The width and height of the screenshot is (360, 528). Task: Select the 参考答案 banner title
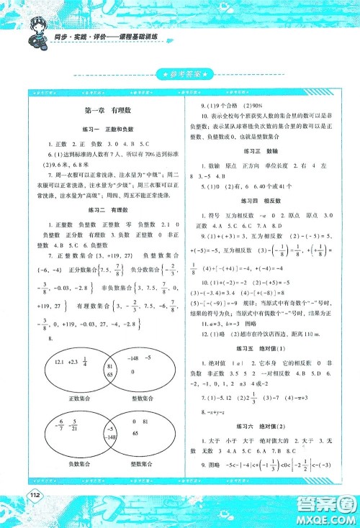tap(181, 74)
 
